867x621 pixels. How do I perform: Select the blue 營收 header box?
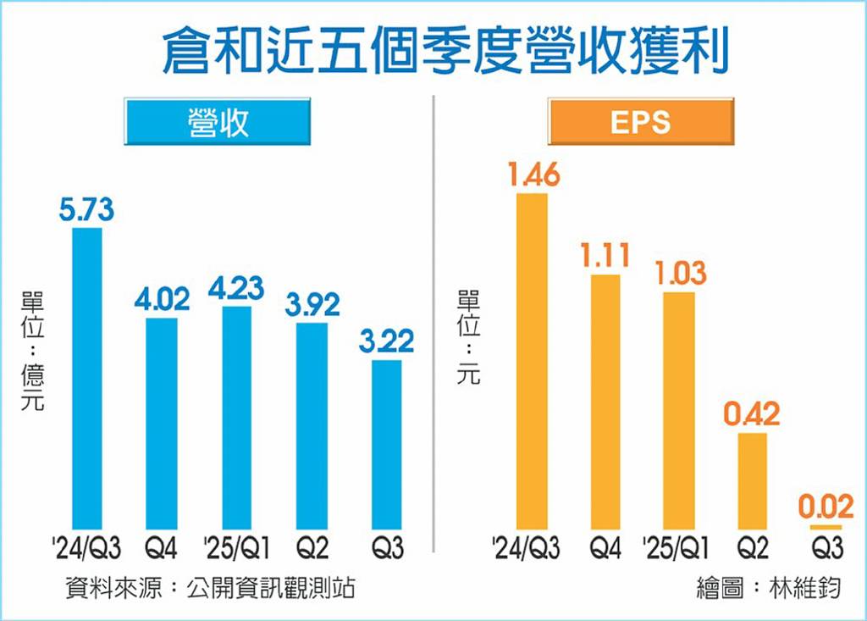pos(217,121)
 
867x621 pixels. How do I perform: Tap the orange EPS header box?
pos(640,121)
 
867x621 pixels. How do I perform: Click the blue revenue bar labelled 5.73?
pos(87,378)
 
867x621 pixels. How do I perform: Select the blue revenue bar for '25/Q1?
pos(237,418)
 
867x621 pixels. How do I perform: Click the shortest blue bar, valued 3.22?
pos(386,445)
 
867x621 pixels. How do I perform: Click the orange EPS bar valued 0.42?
pos(752,481)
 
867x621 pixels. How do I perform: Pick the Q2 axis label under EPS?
pos(752,550)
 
